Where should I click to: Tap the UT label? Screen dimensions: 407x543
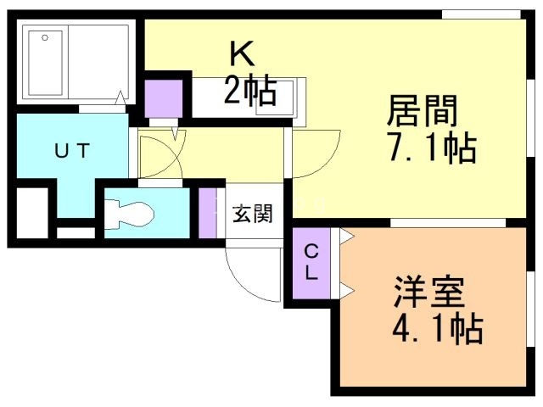click(73, 152)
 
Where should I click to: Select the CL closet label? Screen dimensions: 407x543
click(311, 262)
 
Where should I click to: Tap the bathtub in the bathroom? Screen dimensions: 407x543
click(48, 64)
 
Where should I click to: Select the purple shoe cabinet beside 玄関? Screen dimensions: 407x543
click(208, 214)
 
